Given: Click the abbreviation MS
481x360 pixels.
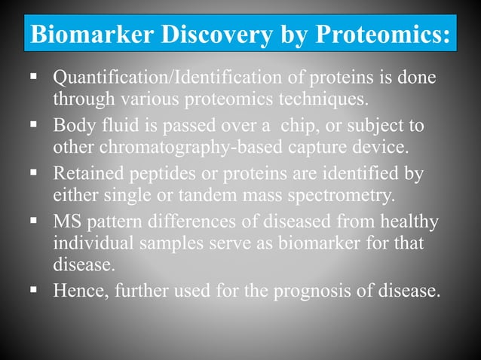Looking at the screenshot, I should pos(68,221).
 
